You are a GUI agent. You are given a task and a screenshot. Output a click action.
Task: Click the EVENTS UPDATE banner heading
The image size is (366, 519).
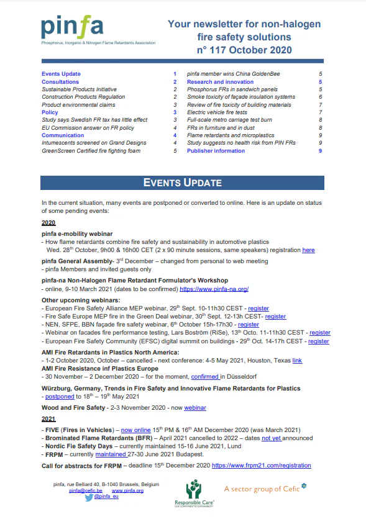coord(183,183)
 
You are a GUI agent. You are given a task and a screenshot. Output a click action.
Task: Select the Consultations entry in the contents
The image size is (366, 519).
coord(60,82)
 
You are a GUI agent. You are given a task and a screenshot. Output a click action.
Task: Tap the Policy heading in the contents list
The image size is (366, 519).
coord(50,112)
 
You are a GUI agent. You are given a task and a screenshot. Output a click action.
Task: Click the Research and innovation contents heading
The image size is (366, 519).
coord(220,82)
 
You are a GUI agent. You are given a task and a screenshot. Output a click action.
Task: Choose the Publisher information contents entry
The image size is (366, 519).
coord(216,150)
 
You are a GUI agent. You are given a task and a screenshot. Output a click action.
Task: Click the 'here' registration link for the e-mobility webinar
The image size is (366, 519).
coord(308,250)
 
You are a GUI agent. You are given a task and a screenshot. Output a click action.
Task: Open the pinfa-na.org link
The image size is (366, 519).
coord(214,289)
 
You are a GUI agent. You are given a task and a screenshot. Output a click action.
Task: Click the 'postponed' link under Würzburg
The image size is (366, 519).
coord(60,396)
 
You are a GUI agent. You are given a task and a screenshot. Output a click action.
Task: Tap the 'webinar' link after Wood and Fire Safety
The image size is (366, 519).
coord(194,408)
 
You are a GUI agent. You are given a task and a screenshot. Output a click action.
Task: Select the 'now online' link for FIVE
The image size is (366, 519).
coord(135,430)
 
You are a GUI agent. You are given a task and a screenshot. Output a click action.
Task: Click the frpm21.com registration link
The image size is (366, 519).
coord(261,465)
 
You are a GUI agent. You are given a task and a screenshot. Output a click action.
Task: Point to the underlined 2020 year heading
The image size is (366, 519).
coord(48,222)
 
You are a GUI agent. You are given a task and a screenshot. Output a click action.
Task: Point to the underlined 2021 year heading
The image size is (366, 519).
coord(48,419)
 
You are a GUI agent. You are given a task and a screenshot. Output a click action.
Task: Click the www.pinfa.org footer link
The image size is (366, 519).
coord(127,490)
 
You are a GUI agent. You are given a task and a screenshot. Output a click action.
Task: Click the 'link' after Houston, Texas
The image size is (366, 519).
coord(297,360)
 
